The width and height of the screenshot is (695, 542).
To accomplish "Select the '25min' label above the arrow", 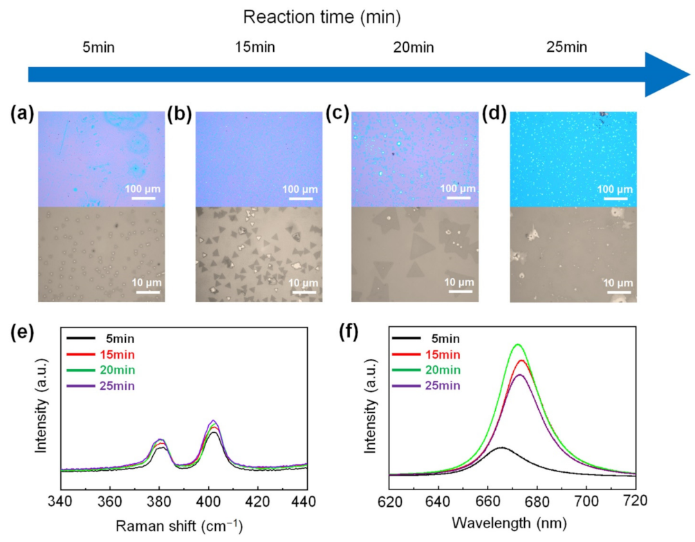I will coord(567,48).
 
